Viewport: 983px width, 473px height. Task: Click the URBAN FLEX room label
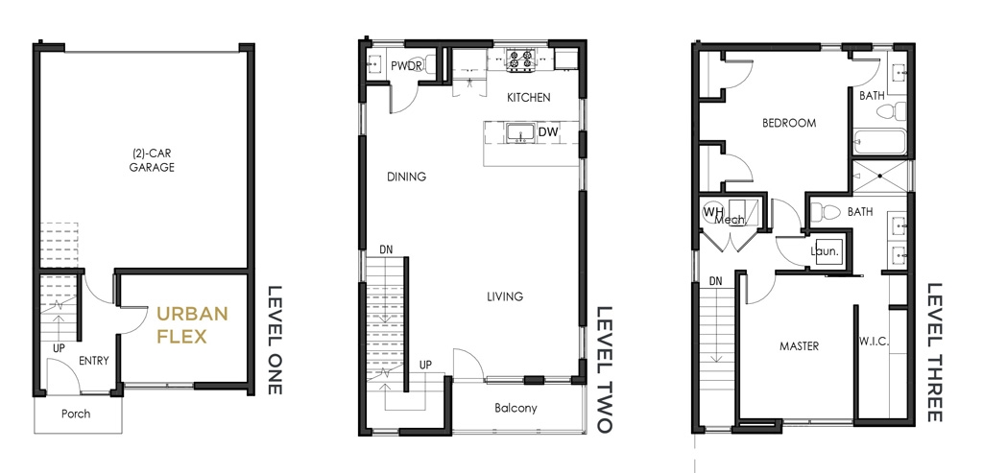pos(192,325)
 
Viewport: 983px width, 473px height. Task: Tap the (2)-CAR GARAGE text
pos(152,160)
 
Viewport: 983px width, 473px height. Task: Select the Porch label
pos(76,414)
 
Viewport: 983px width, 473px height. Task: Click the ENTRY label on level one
pos(94,361)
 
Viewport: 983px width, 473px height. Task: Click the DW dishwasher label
pos(548,132)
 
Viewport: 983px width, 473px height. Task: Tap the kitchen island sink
pos(519,133)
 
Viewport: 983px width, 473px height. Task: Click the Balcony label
pos(515,409)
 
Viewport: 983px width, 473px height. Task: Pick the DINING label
pos(406,177)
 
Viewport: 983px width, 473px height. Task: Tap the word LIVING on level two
pos(505,296)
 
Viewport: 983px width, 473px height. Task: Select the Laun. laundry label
pos(825,251)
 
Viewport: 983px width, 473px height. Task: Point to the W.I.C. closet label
pos(874,343)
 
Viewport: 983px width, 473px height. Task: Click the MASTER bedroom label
pos(800,345)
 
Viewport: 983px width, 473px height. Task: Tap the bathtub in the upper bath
pos(879,142)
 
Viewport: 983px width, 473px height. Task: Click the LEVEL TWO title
pos(604,369)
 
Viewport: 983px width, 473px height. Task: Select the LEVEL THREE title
pos(935,353)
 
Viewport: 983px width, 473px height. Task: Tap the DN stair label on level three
pos(715,281)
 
